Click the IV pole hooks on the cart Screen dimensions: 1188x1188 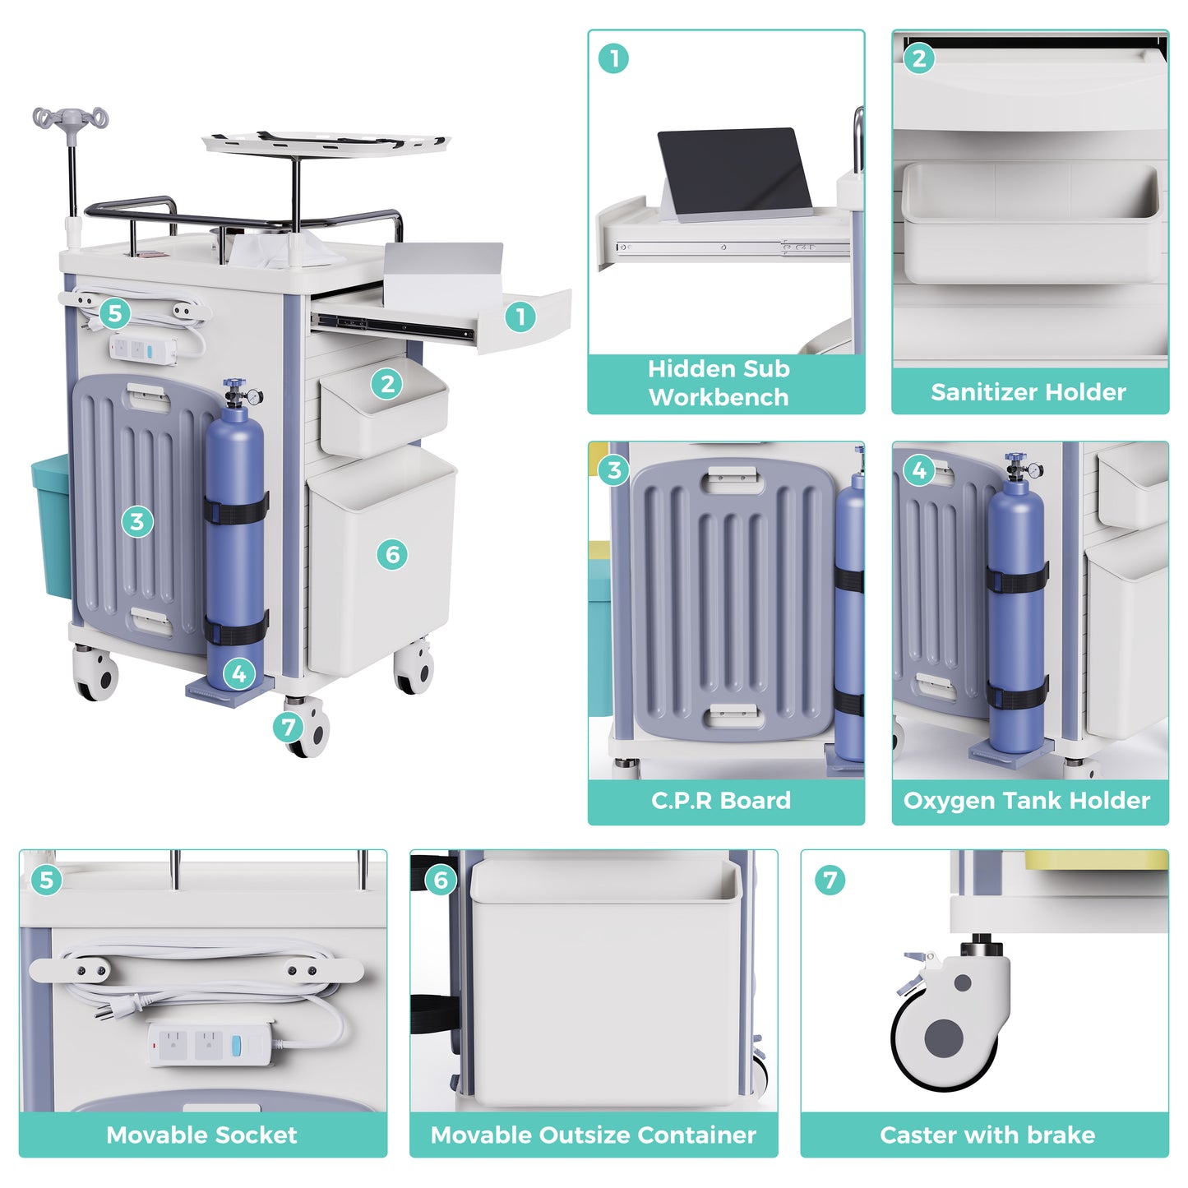click(71, 118)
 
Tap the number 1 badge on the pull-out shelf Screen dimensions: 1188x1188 click(520, 317)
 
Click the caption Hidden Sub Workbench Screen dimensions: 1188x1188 click(719, 383)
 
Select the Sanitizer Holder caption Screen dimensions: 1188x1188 click(1029, 392)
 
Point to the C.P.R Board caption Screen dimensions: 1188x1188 click(721, 800)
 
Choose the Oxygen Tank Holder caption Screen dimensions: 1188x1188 click(1027, 800)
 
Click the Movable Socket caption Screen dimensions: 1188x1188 click(201, 1135)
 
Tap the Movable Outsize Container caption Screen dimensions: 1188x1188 click(593, 1135)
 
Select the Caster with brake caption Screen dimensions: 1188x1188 click(987, 1135)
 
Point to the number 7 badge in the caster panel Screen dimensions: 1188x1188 click(830, 880)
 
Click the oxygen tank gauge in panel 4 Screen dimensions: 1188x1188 click(1034, 471)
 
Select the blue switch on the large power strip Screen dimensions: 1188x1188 click(237, 1046)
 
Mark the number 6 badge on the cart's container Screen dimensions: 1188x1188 click(392, 555)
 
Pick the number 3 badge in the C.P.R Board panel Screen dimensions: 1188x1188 click(613, 470)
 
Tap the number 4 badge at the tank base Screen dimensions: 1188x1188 click(238, 674)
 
